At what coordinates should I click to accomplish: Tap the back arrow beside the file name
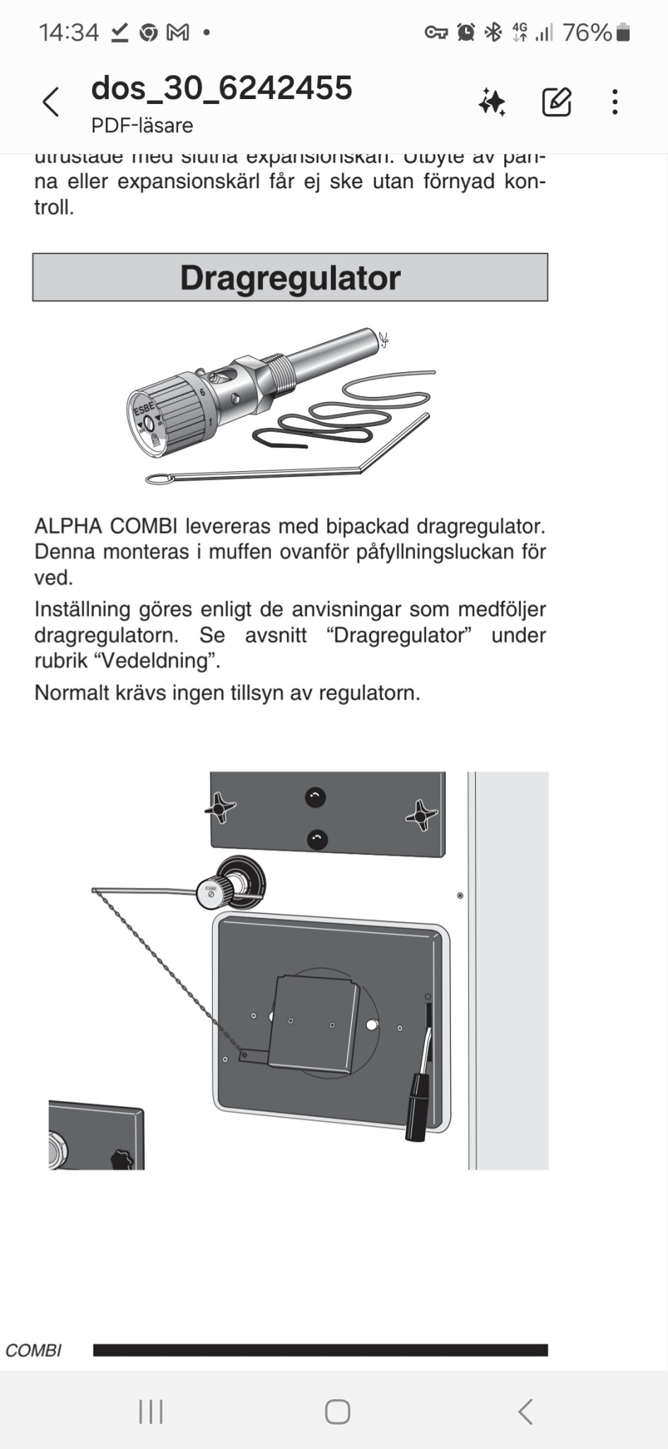coord(51,103)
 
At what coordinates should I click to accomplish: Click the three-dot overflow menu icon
coord(615,103)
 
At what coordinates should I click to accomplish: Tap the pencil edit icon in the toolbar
coord(556,103)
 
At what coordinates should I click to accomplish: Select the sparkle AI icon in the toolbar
coord(492,103)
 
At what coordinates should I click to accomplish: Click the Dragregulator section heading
coord(290,277)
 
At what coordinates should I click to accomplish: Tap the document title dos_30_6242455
coord(221,88)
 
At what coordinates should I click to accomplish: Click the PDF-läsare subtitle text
coord(142,126)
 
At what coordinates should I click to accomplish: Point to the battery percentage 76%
coord(587,33)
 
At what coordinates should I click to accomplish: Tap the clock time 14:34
coord(69,33)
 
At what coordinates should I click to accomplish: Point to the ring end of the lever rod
coord(160,480)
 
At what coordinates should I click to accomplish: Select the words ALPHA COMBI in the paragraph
coord(107,526)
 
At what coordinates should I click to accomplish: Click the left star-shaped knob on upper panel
coord(221,807)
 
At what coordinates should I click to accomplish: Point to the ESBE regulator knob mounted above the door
coord(213,894)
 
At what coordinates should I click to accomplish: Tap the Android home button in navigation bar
coord(337,1412)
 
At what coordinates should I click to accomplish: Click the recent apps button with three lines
coord(151,1412)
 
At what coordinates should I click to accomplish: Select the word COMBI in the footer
coord(33,1351)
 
